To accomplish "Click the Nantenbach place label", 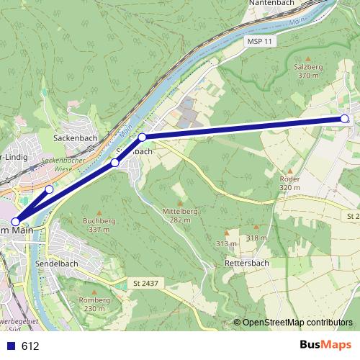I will pos(272,4).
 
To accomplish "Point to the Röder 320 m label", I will pos(289,183).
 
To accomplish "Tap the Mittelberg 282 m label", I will pos(179,215).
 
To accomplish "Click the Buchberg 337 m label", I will pos(99,225).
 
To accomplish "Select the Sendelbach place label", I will pos(56,264).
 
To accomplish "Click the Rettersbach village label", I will pos(247,263).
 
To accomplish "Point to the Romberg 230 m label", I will pos(94,303).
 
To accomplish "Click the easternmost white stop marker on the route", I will pos(344,119).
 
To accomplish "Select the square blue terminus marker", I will pos(15,222).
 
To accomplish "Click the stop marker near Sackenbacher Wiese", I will pos(49,189).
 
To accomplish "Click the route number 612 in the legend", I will pos(30,346).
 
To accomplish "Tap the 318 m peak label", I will pos(256,238).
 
